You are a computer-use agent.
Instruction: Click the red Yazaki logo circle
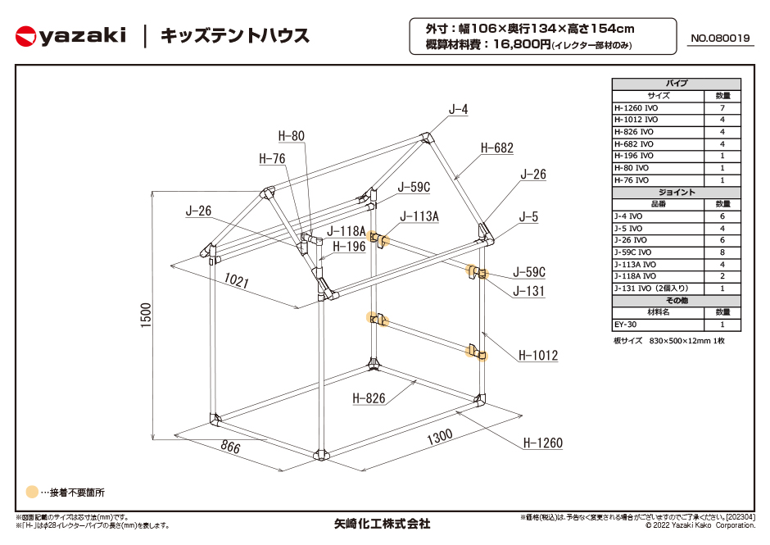click(25, 37)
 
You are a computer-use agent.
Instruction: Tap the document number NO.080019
click(720, 38)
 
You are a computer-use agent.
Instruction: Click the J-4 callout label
click(458, 109)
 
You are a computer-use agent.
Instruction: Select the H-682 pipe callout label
click(496, 148)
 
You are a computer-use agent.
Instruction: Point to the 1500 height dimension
click(147, 316)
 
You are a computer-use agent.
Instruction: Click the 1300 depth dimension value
click(440, 436)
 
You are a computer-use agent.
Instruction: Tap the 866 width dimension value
click(230, 446)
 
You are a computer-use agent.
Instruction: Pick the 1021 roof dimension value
click(236, 280)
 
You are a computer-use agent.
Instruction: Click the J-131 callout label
click(528, 291)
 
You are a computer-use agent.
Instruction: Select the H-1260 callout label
click(542, 443)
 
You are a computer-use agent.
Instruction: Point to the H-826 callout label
click(369, 398)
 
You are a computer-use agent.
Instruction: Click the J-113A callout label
click(419, 216)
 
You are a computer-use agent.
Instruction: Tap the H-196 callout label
click(349, 246)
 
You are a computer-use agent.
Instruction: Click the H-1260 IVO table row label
click(636, 108)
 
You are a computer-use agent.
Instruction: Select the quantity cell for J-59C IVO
click(722, 252)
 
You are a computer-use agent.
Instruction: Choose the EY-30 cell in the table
click(625, 325)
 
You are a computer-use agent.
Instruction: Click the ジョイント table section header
click(676, 192)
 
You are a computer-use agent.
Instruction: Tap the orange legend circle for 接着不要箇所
click(32, 492)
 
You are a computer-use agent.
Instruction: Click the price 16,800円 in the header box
click(522, 44)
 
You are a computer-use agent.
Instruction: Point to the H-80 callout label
click(291, 136)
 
